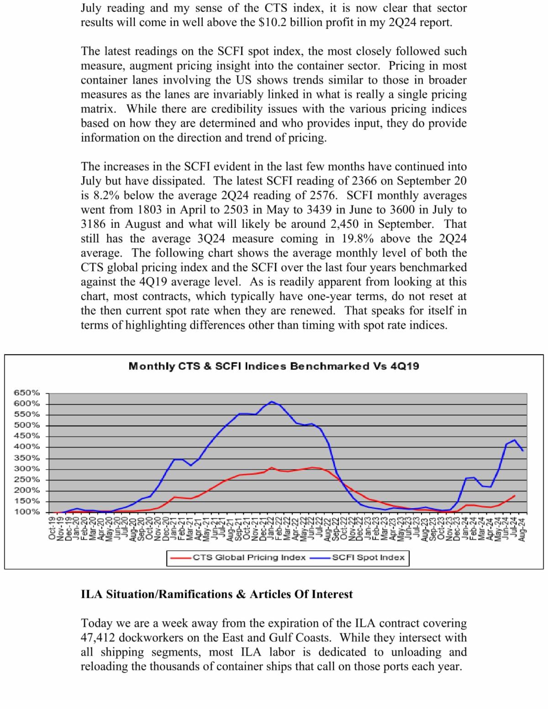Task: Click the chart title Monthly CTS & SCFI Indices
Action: click(274, 366)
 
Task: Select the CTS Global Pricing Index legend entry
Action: click(249, 557)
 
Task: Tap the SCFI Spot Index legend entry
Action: click(368, 557)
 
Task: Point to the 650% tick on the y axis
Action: click(27, 393)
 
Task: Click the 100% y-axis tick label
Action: click(27, 512)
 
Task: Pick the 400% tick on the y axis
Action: click(27, 447)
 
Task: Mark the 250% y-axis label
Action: click(27, 479)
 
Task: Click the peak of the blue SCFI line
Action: click(272, 402)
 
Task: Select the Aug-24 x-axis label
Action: click(522, 528)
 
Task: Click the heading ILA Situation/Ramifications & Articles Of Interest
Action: click(216, 594)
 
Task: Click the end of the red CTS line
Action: click(515, 496)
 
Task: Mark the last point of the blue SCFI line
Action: click(522, 451)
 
